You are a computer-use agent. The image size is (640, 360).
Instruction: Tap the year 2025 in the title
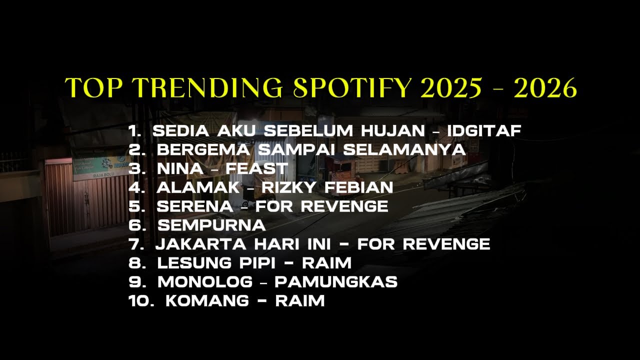click(x=451, y=88)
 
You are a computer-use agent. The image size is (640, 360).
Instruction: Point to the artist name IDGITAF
click(x=484, y=131)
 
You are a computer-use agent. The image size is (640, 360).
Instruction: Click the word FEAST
click(x=256, y=168)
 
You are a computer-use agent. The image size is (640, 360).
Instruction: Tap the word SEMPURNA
click(x=211, y=225)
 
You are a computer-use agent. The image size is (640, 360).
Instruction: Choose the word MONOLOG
click(x=205, y=281)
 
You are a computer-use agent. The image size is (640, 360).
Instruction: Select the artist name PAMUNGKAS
click(x=336, y=281)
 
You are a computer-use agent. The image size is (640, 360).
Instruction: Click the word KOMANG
click(x=206, y=300)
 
